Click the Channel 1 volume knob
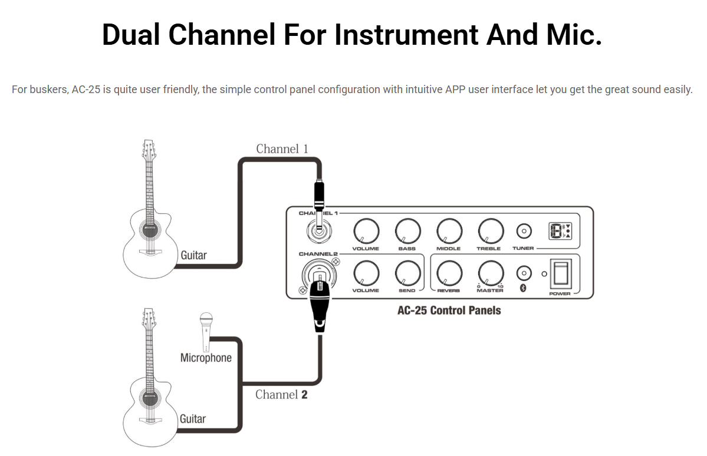click(366, 230)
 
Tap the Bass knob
click(407, 230)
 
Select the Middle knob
click(449, 230)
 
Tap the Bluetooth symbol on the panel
click(522, 288)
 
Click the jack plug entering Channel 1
click(318, 197)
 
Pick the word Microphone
click(206, 358)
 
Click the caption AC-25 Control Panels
click(449, 310)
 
